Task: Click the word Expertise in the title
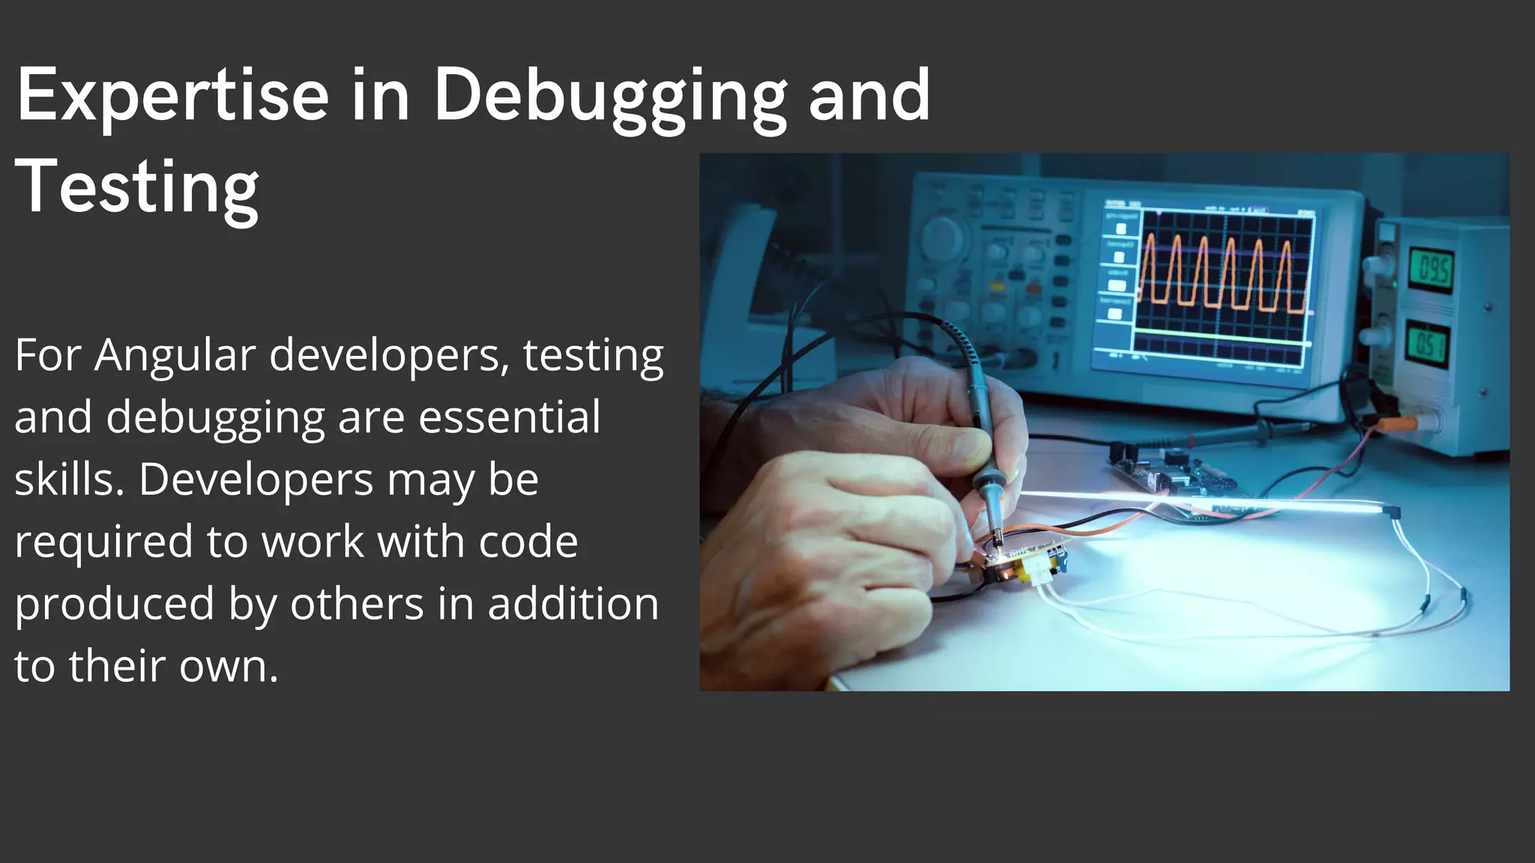(x=172, y=96)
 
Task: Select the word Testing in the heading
(x=136, y=187)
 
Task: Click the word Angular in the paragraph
(x=175, y=355)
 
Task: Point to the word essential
(x=509, y=417)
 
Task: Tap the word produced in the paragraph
(x=114, y=604)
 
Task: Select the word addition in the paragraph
(x=573, y=604)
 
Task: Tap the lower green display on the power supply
(x=1427, y=345)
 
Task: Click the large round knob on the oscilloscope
(x=941, y=237)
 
